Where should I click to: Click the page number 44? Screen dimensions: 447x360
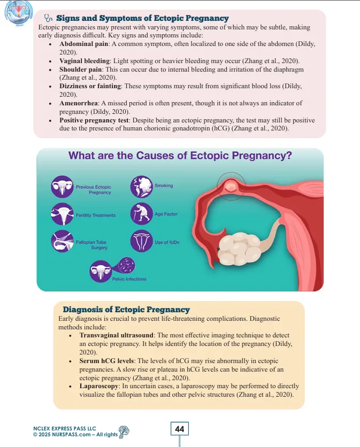coord(180,429)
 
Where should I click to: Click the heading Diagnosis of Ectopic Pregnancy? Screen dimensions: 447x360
coord(126,310)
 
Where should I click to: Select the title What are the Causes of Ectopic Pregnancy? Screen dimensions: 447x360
coord(180,156)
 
